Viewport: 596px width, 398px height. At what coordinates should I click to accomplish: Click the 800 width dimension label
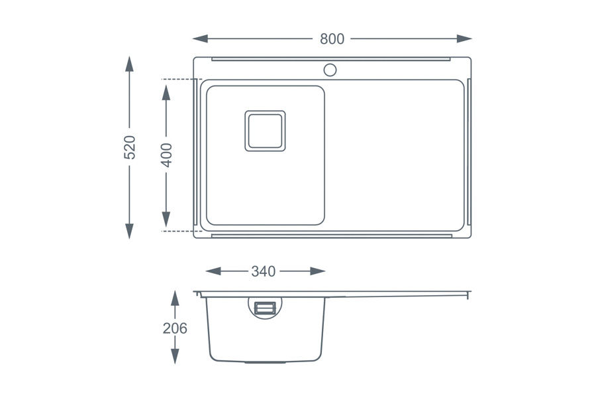click(x=332, y=39)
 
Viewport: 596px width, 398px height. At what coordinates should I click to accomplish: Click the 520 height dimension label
click(x=130, y=147)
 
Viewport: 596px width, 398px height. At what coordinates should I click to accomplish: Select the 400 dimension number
click(x=166, y=155)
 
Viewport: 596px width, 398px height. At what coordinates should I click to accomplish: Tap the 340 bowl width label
click(x=263, y=271)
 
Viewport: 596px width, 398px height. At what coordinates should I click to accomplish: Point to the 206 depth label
click(x=175, y=328)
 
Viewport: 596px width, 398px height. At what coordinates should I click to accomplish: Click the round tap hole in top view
click(x=330, y=69)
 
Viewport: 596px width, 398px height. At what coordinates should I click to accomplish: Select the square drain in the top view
click(x=265, y=131)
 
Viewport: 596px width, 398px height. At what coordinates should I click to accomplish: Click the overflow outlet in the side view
click(x=265, y=306)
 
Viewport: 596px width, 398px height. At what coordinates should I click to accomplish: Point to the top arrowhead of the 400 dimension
click(x=166, y=88)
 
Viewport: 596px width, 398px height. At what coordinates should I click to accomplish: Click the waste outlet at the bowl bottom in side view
click(x=265, y=363)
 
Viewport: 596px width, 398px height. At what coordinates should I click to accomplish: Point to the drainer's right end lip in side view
click(x=468, y=294)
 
